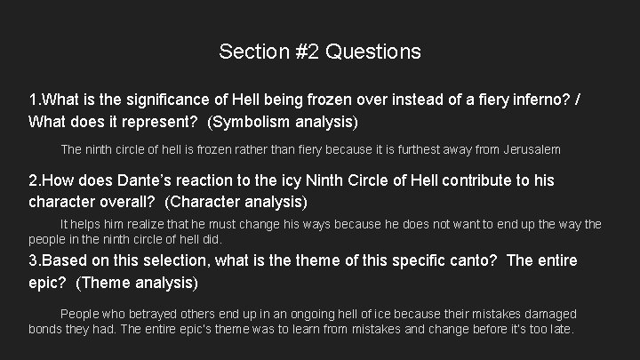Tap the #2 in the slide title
pyautogui.click(x=305, y=52)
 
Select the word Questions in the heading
pyautogui.click(x=373, y=52)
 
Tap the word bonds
pyautogui.click(x=46, y=329)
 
